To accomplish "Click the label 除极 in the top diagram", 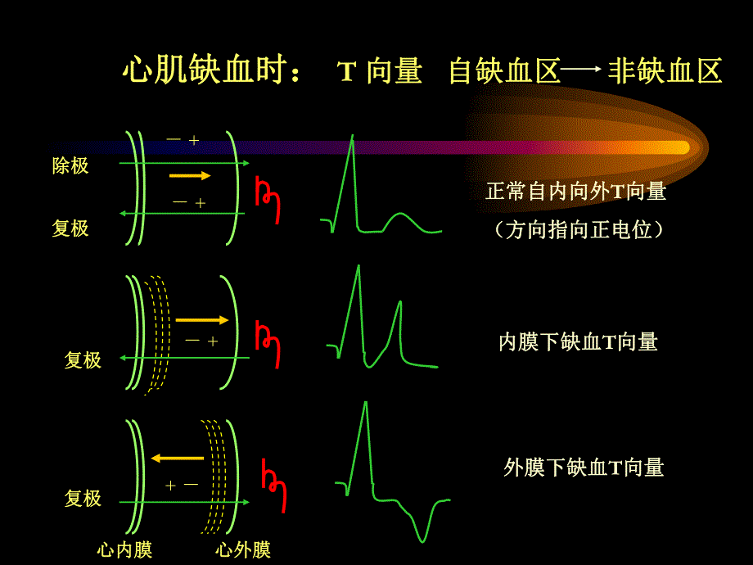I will click(x=70, y=165).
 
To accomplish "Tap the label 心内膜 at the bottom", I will click(x=124, y=549).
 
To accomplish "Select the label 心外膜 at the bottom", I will click(x=242, y=549).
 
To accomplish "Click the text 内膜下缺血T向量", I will click(x=578, y=342).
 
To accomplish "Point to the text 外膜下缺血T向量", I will click(x=584, y=468).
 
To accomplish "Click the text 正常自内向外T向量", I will click(x=575, y=192).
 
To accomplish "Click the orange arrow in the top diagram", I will click(x=190, y=176).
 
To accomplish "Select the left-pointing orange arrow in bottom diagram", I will click(x=177, y=459).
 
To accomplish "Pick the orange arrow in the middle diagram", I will click(x=201, y=320).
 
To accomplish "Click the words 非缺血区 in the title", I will click(x=665, y=72).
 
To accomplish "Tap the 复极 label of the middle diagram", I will click(x=83, y=360).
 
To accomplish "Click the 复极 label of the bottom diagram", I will click(x=83, y=498).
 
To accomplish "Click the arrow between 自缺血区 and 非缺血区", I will click(x=583, y=71).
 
